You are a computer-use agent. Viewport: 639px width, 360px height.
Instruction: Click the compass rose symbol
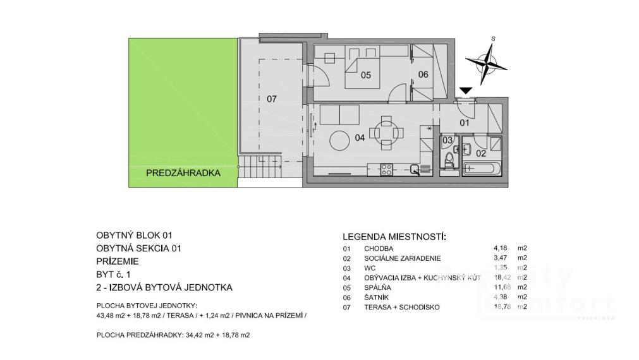pos(487,61)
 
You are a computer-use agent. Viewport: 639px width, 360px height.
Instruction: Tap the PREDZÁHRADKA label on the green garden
pos(183,172)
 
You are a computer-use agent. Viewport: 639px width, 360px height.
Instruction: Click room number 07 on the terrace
pos(271,99)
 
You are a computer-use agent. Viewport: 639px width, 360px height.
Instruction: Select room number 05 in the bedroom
pos(365,75)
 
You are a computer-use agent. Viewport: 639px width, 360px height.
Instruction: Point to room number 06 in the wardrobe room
pos(423,75)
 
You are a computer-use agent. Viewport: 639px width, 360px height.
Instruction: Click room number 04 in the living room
pos(360,138)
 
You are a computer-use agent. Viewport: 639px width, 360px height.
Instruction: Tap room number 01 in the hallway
pos(463,123)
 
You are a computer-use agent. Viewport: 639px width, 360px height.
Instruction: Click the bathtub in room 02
pos(482,168)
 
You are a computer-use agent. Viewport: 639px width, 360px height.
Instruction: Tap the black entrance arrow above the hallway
pos(466,92)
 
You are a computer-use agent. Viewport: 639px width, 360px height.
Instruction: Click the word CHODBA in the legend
pos(378,248)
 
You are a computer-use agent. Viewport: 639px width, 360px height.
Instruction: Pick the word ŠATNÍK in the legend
pos(377,297)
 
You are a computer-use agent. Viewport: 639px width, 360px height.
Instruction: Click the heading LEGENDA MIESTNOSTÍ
pos(393,237)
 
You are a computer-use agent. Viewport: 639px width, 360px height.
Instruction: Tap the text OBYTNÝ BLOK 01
pos(134,234)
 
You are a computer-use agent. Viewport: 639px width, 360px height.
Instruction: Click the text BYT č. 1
pos(113,274)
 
